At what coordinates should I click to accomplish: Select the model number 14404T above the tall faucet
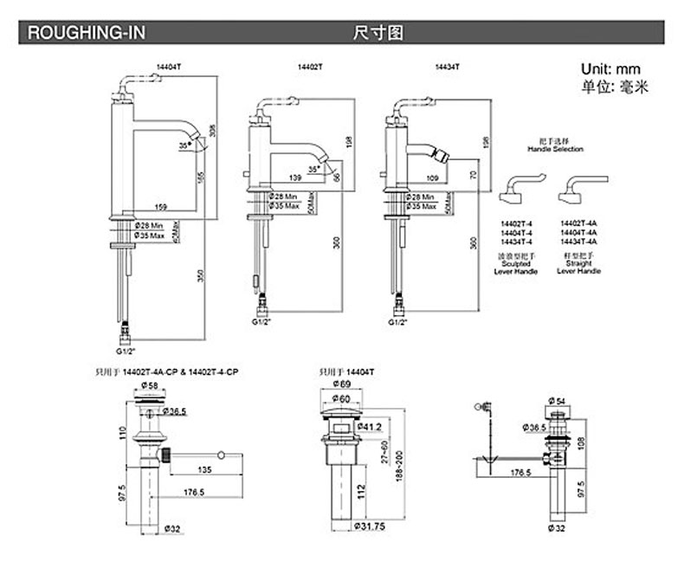167,66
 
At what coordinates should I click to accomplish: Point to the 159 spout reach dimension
161,206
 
